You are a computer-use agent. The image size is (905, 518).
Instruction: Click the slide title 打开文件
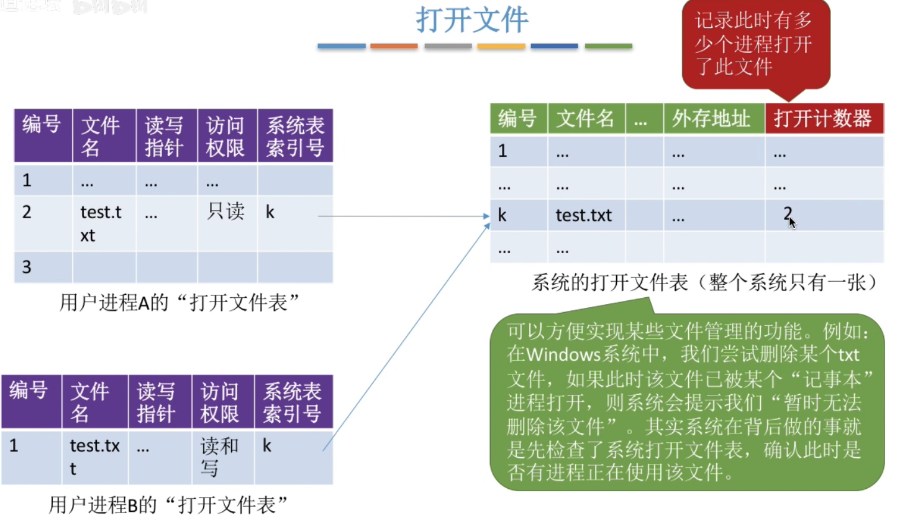[472, 20]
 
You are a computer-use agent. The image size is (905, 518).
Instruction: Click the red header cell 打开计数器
[823, 118]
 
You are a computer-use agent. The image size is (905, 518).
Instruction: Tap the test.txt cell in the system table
[584, 215]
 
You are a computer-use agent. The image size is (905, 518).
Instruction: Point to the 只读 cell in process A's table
[226, 211]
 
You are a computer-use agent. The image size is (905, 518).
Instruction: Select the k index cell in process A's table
[270, 213]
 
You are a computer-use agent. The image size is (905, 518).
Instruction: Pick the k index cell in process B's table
[267, 446]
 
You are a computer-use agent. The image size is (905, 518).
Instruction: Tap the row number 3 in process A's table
[27, 267]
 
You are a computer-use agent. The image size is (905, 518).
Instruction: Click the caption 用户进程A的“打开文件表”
[180, 303]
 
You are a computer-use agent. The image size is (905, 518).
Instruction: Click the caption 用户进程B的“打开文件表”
[168, 505]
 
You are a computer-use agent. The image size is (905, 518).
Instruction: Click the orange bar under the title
[394, 46]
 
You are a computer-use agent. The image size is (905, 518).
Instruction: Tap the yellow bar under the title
[501, 46]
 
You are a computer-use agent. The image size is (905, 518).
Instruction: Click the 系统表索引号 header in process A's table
[295, 136]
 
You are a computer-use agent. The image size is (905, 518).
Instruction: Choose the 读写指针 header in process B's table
[157, 402]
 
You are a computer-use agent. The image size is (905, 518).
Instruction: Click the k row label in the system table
[503, 215]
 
